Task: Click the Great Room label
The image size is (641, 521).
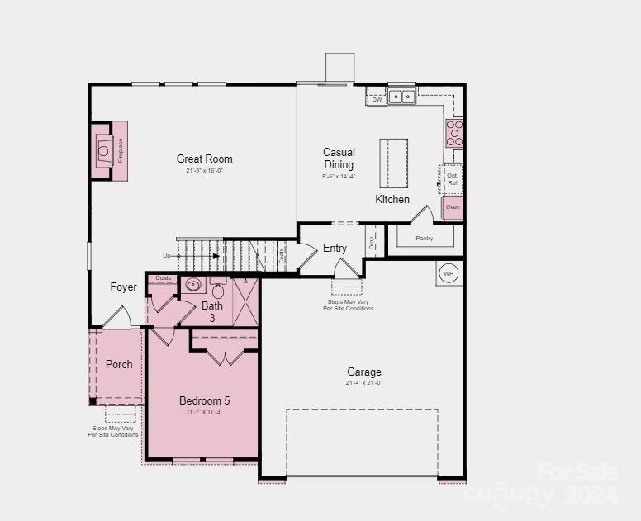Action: coord(204,159)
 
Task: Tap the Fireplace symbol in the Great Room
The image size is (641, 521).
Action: coord(104,150)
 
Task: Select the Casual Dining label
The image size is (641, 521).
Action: coord(339,159)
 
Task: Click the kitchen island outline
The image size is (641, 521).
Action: coord(394,163)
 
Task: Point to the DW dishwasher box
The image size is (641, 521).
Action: coord(377,99)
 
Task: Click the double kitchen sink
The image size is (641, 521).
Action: coord(402,97)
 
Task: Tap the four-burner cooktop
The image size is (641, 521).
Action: coord(454,132)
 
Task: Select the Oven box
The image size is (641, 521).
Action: coord(453,207)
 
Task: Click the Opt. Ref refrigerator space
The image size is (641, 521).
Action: coord(452,179)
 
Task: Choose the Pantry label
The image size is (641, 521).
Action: coord(425,238)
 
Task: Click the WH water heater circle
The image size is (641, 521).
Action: coord(449,273)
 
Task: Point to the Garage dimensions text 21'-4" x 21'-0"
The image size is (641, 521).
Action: coord(363,383)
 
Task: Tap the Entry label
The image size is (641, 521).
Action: coord(335,248)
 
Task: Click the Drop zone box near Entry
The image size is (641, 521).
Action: coord(372,240)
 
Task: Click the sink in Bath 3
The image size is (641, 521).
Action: coord(193,286)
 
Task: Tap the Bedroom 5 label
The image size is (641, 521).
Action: coord(204,400)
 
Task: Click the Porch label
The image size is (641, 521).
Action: coord(119,364)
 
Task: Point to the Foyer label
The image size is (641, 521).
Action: coord(124,287)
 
